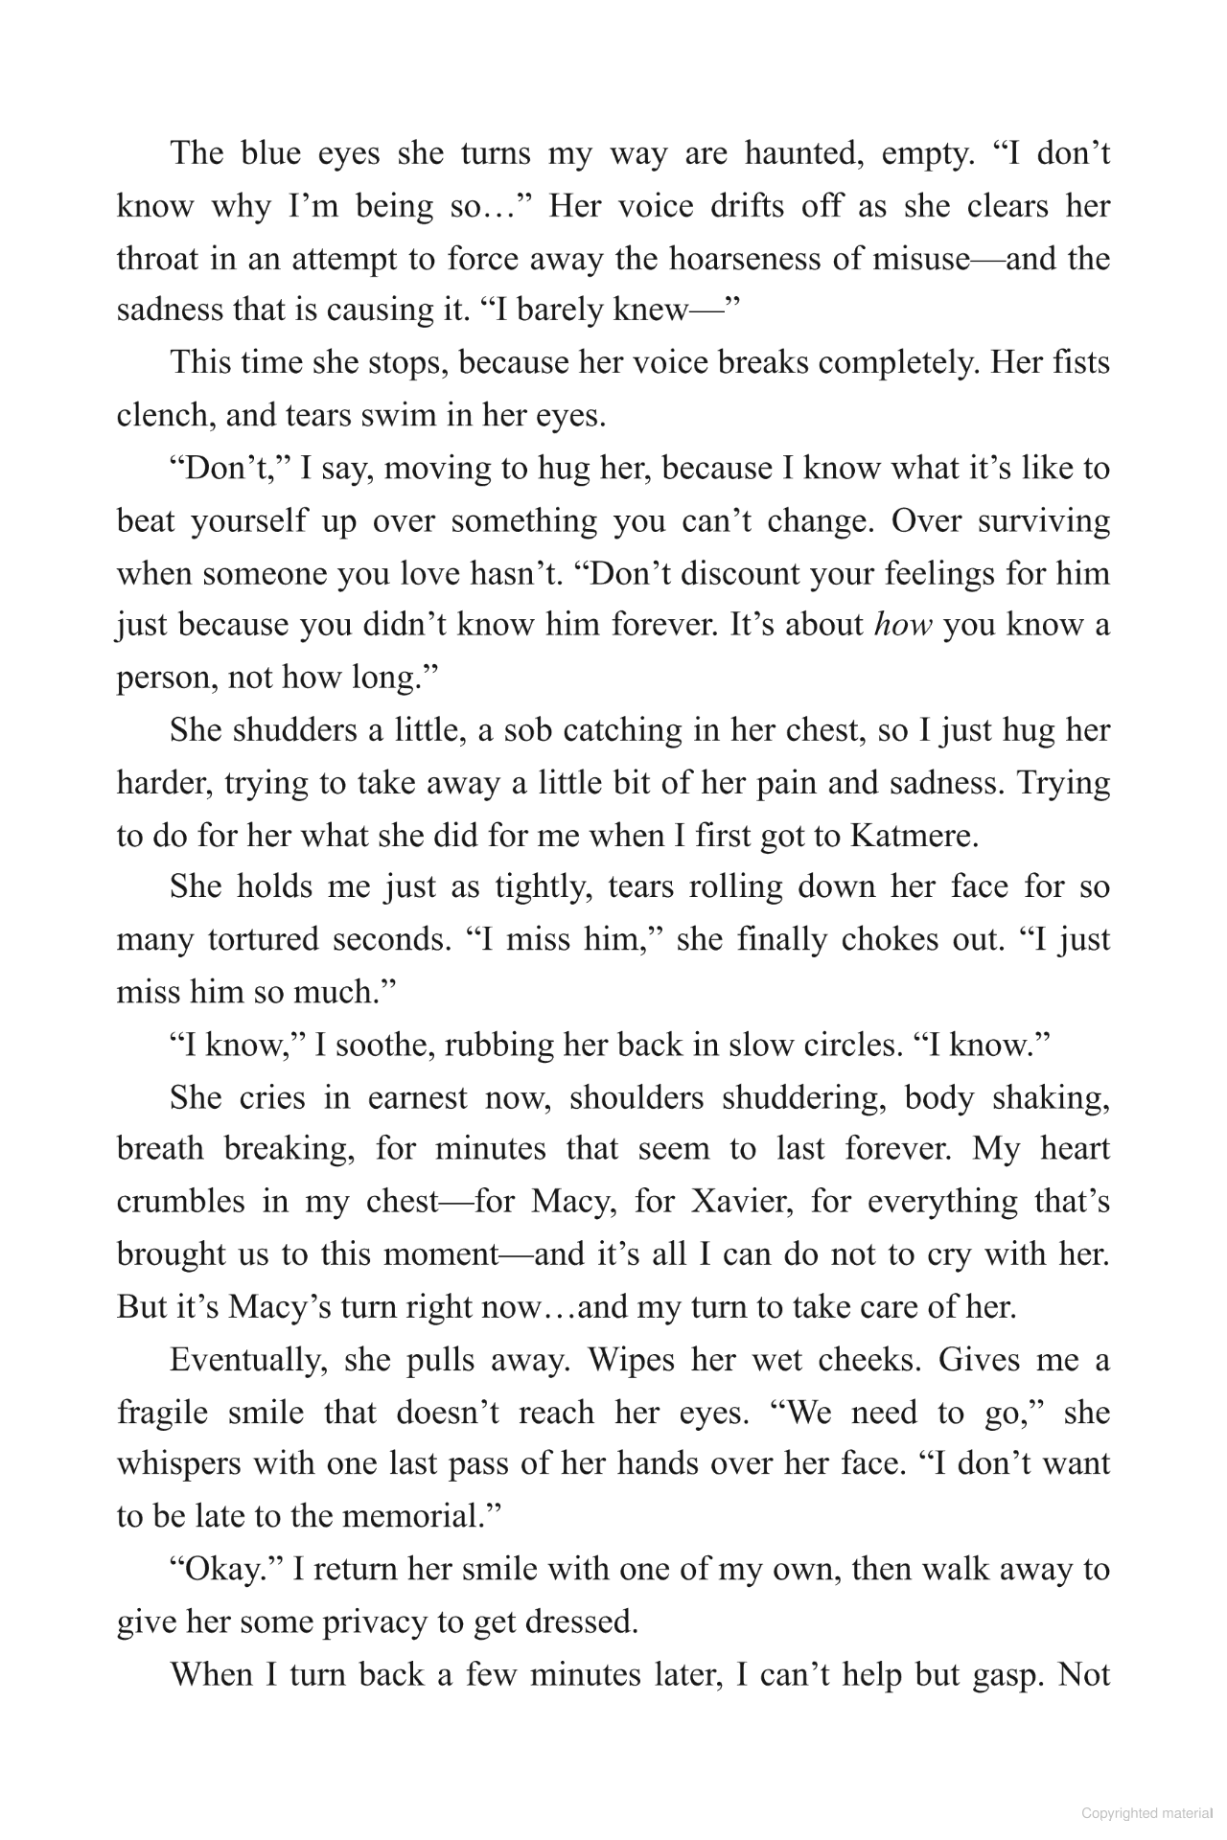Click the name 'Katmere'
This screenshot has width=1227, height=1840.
[911, 836]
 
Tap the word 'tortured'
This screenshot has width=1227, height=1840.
[263, 939]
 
